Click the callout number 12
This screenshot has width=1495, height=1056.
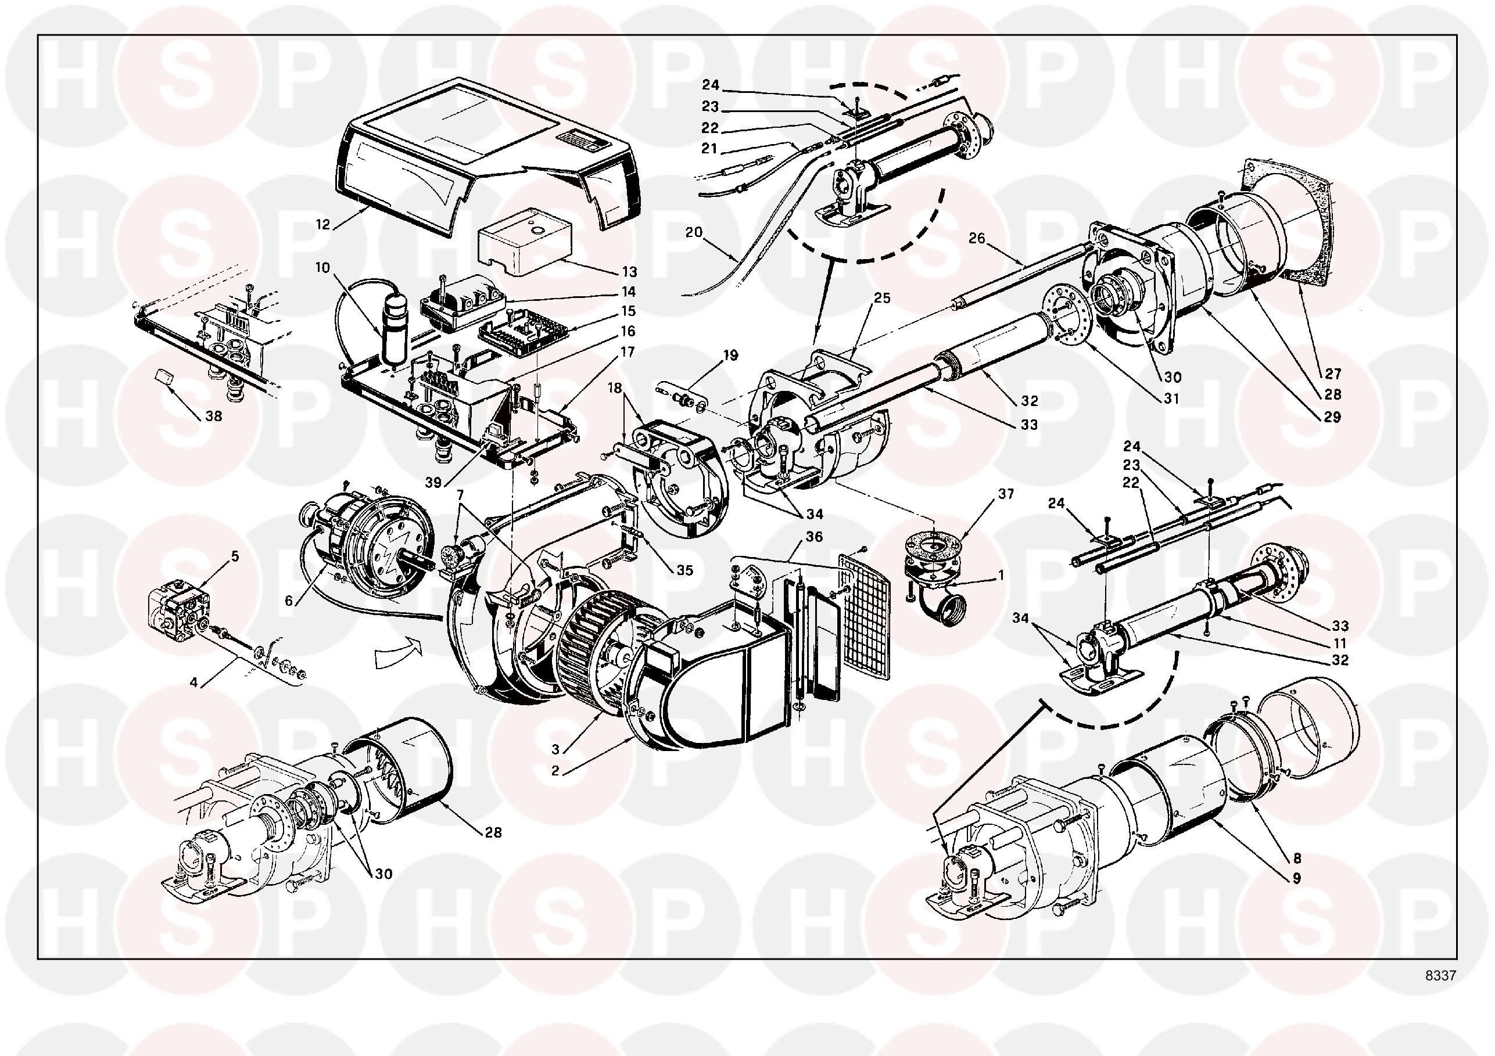point(323,225)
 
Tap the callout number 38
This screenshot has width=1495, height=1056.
point(214,416)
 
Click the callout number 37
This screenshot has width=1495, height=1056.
point(1006,494)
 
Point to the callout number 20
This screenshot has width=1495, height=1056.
point(694,232)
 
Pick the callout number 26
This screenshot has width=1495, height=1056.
point(977,238)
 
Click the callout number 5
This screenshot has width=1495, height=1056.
point(235,556)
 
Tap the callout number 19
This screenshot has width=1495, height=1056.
point(730,355)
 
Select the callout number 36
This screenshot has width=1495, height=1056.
point(814,537)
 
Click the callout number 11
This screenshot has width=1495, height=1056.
point(1339,642)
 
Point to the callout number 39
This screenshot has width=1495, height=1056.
point(433,483)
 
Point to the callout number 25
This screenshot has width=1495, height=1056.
point(882,297)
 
